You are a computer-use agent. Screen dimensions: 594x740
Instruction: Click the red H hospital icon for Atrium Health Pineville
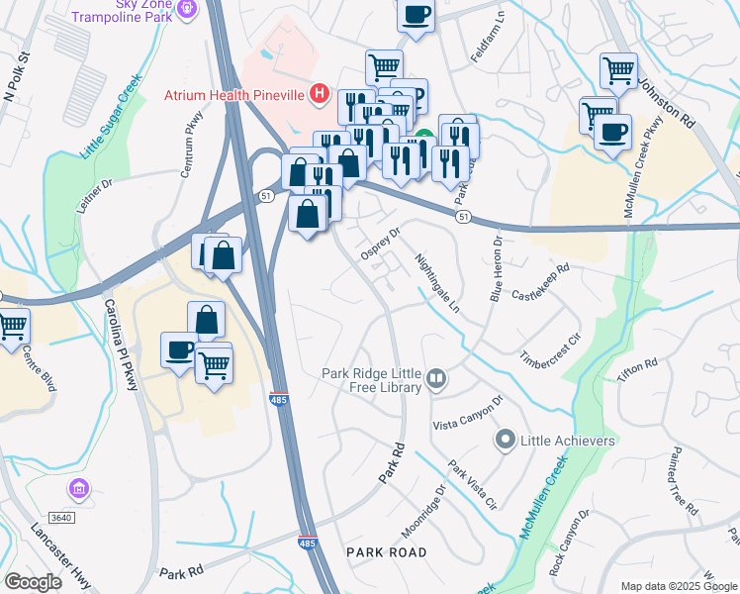tap(320, 95)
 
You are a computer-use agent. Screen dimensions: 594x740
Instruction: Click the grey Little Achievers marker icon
tap(505, 440)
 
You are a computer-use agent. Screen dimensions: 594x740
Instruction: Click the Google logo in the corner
tap(33, 581)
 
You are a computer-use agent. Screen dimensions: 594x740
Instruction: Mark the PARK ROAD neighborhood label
tap(386, 551)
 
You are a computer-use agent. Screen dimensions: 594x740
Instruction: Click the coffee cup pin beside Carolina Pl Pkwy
tap(179, 349)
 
